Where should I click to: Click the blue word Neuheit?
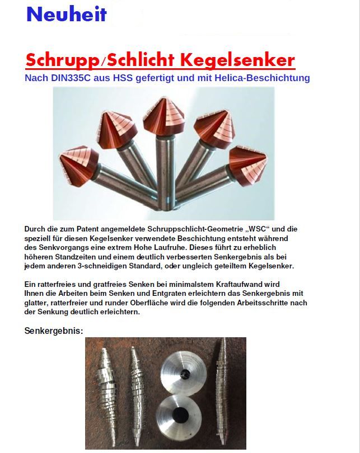tap(66, 15)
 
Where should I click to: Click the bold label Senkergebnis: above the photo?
tap(54, 331)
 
